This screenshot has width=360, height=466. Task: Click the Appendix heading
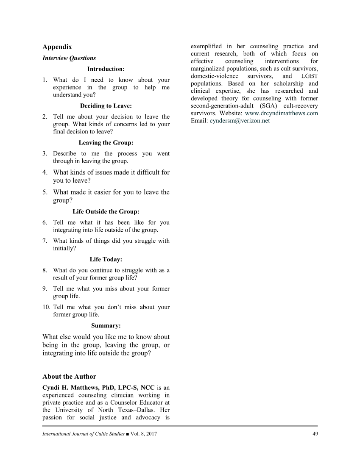(57, 47)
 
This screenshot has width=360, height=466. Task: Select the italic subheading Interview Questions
(69, 58)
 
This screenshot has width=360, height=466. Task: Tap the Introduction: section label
(106, 69)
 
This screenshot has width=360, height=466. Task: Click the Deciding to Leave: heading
(106, 106)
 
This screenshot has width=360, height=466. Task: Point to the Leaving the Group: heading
(106, 143)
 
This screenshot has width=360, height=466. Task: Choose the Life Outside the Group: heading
(106, 211)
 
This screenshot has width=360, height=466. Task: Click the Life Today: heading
(106, 259)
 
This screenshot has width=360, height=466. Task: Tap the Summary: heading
(106, 326)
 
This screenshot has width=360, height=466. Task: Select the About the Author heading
(69, 377)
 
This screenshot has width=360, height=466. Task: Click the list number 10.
(46, 307)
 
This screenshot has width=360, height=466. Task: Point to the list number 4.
(45, 172)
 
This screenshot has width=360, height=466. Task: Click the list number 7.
(45, 241)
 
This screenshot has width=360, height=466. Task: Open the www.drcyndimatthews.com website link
(282, 114)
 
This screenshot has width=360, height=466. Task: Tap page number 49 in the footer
(315, 433)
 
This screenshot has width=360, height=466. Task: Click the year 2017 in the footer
(151, 434)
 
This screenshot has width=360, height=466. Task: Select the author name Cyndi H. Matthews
(72, 387)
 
